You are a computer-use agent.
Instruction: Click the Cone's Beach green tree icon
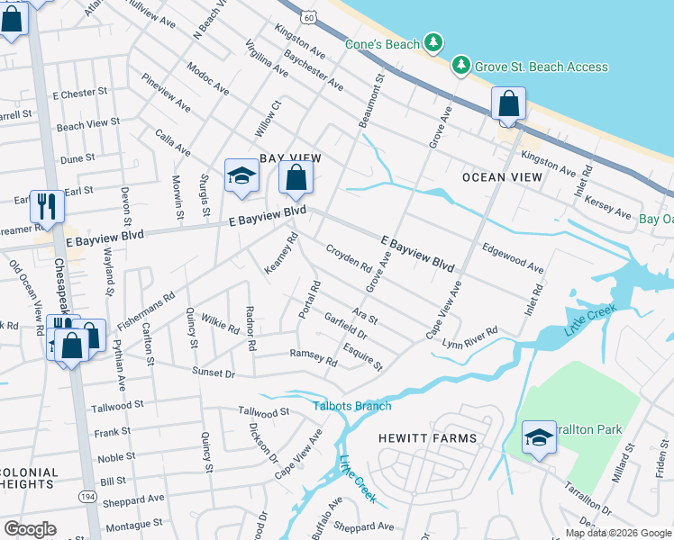click(x=434, y=43)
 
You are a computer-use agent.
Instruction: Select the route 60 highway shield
click(x=309, y=17)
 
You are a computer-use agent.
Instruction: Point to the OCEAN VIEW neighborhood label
click(x=502, y=177)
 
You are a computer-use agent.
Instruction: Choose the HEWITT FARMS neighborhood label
click(x=427, y=438)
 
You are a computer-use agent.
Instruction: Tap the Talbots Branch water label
click(x=352, y=406)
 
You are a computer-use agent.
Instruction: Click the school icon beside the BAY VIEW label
click(x=241, y=176)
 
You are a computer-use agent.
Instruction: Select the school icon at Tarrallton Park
click(x=539, y=437)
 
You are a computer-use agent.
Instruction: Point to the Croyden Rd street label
click(x=349, y=257)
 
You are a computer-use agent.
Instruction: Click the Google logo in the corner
click(x=30, y=529)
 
